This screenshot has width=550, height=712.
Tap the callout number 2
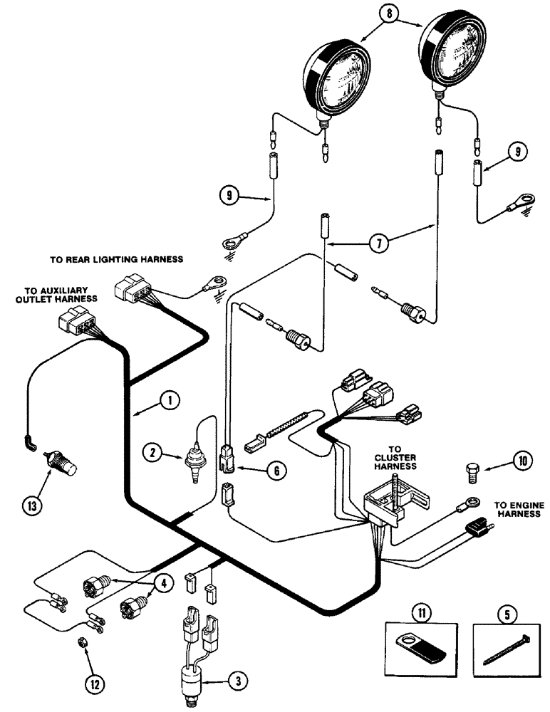[152, 450]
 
